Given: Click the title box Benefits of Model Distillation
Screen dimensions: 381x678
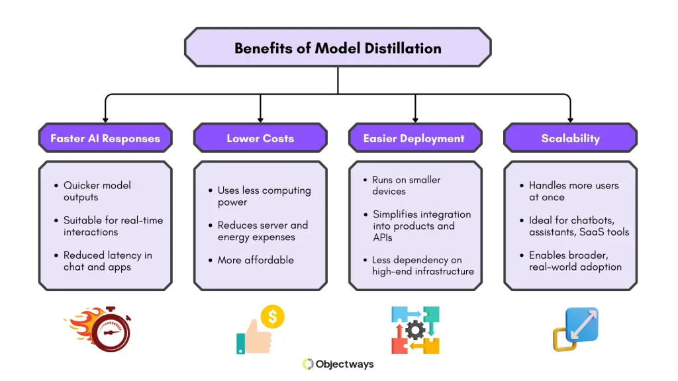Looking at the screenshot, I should pos(338,48).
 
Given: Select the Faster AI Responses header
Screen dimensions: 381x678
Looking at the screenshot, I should pos(105,138).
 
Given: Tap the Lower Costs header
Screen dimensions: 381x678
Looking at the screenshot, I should pos(260,138).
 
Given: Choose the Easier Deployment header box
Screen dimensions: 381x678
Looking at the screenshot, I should pos(414,138).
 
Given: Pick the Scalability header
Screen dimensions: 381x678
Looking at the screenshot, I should pos(570,138).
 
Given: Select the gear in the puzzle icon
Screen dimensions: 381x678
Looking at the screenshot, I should pos(415,329).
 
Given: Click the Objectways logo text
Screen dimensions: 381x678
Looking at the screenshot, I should pos(345,364).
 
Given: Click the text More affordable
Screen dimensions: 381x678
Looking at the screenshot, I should pos(256,260).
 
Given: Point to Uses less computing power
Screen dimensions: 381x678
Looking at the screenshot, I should pos(264,196).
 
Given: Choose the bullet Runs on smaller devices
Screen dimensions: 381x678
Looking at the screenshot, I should pos(405,185).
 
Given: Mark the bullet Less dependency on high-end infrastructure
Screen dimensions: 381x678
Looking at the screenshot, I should pos(422,265).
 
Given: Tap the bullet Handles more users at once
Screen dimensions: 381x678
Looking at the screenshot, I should pos(573,191).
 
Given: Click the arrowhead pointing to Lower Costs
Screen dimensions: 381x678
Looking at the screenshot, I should pos(260,118).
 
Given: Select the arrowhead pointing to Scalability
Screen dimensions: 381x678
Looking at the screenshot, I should pos(570,118).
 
